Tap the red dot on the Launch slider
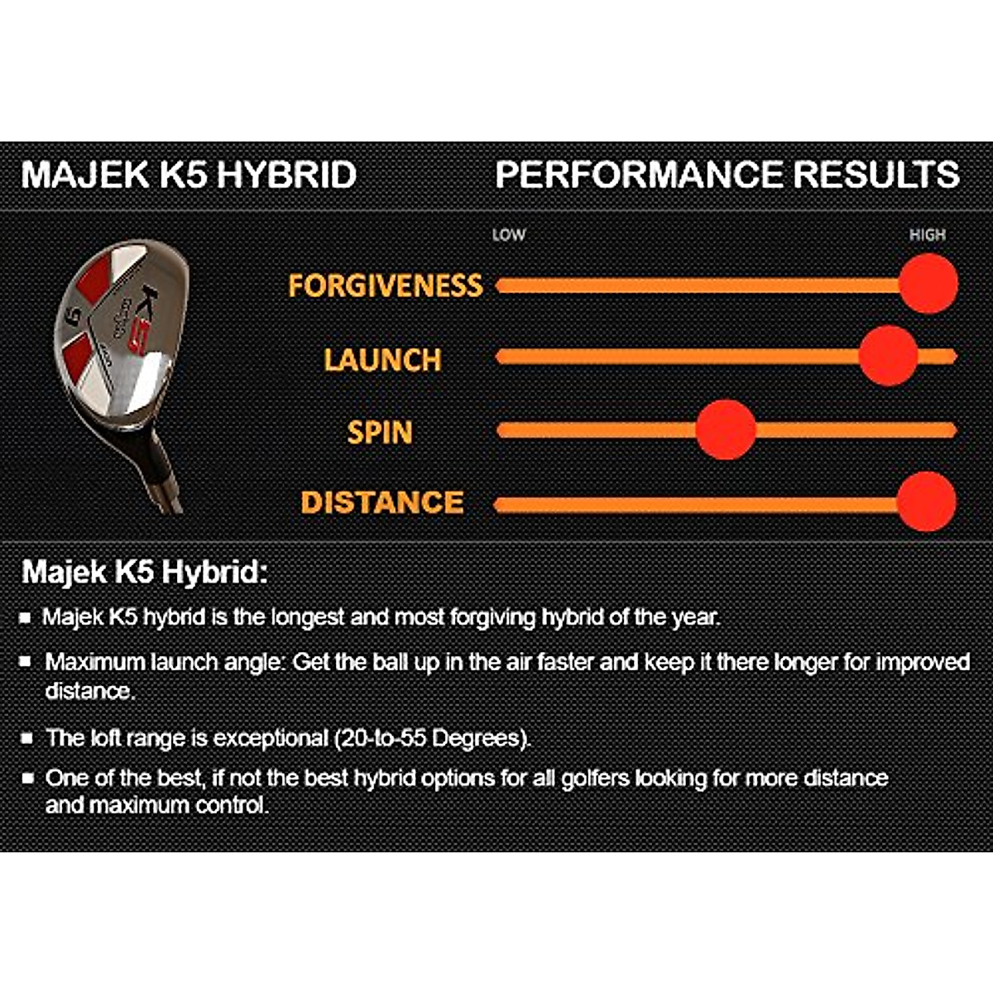coord(888,356)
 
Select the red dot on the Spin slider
coord(726,429)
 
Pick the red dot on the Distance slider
coord(926,501)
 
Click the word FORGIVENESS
coord(385,285)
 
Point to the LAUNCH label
coord(382,360)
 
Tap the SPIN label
coord(380,432)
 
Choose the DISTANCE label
coord(382,502)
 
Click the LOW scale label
coord(508,235)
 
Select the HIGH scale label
coord(927,235)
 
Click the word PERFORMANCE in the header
coord(639,175)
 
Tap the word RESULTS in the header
coord(876,175)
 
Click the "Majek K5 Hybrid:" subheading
coord(145,572)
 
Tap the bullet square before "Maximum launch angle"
coord(26,662)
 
